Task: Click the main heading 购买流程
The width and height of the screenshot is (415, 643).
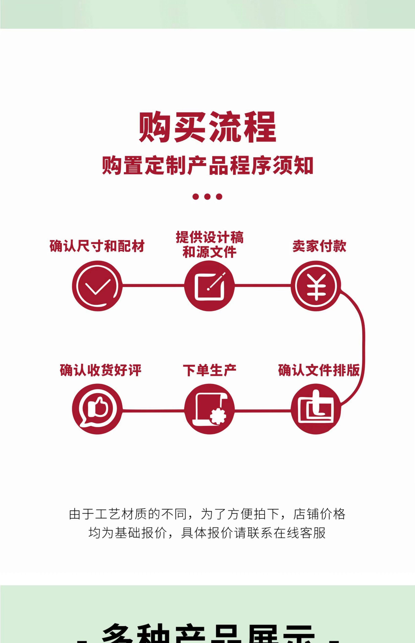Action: pos(207,127)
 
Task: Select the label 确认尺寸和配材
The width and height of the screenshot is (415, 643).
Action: pos(97,246)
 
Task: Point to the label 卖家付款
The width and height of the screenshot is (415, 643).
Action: pos(319,246)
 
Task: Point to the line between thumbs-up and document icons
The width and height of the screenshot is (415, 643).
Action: pos(153,411)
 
